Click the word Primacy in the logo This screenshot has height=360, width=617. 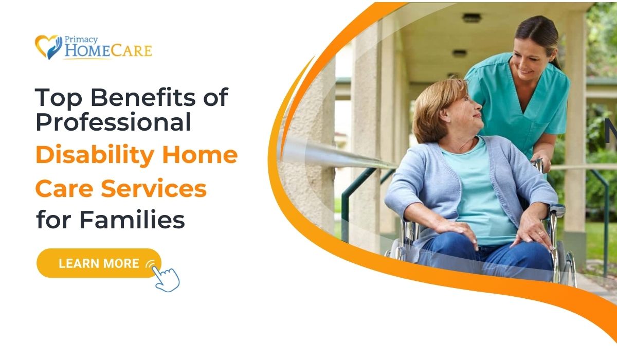(x=81, y=40)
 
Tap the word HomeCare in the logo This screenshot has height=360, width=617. (x=108, y=51)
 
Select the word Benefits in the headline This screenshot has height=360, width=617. (x=143, y=97)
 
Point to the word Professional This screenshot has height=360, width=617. (x=113, y=122)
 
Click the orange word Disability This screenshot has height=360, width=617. (x=95, y=155)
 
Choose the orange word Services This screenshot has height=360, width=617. (x=154, y=189)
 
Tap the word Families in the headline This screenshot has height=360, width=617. (x=132, y=220)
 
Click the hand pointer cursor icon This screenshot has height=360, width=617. (x=166, y=279)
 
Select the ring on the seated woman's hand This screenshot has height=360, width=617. (x=541, y=233)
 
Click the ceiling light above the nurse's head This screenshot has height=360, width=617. (x=471, y=18)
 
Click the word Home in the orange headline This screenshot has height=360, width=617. (x=200, y=155)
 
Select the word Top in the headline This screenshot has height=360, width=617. (x=59, y=98)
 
